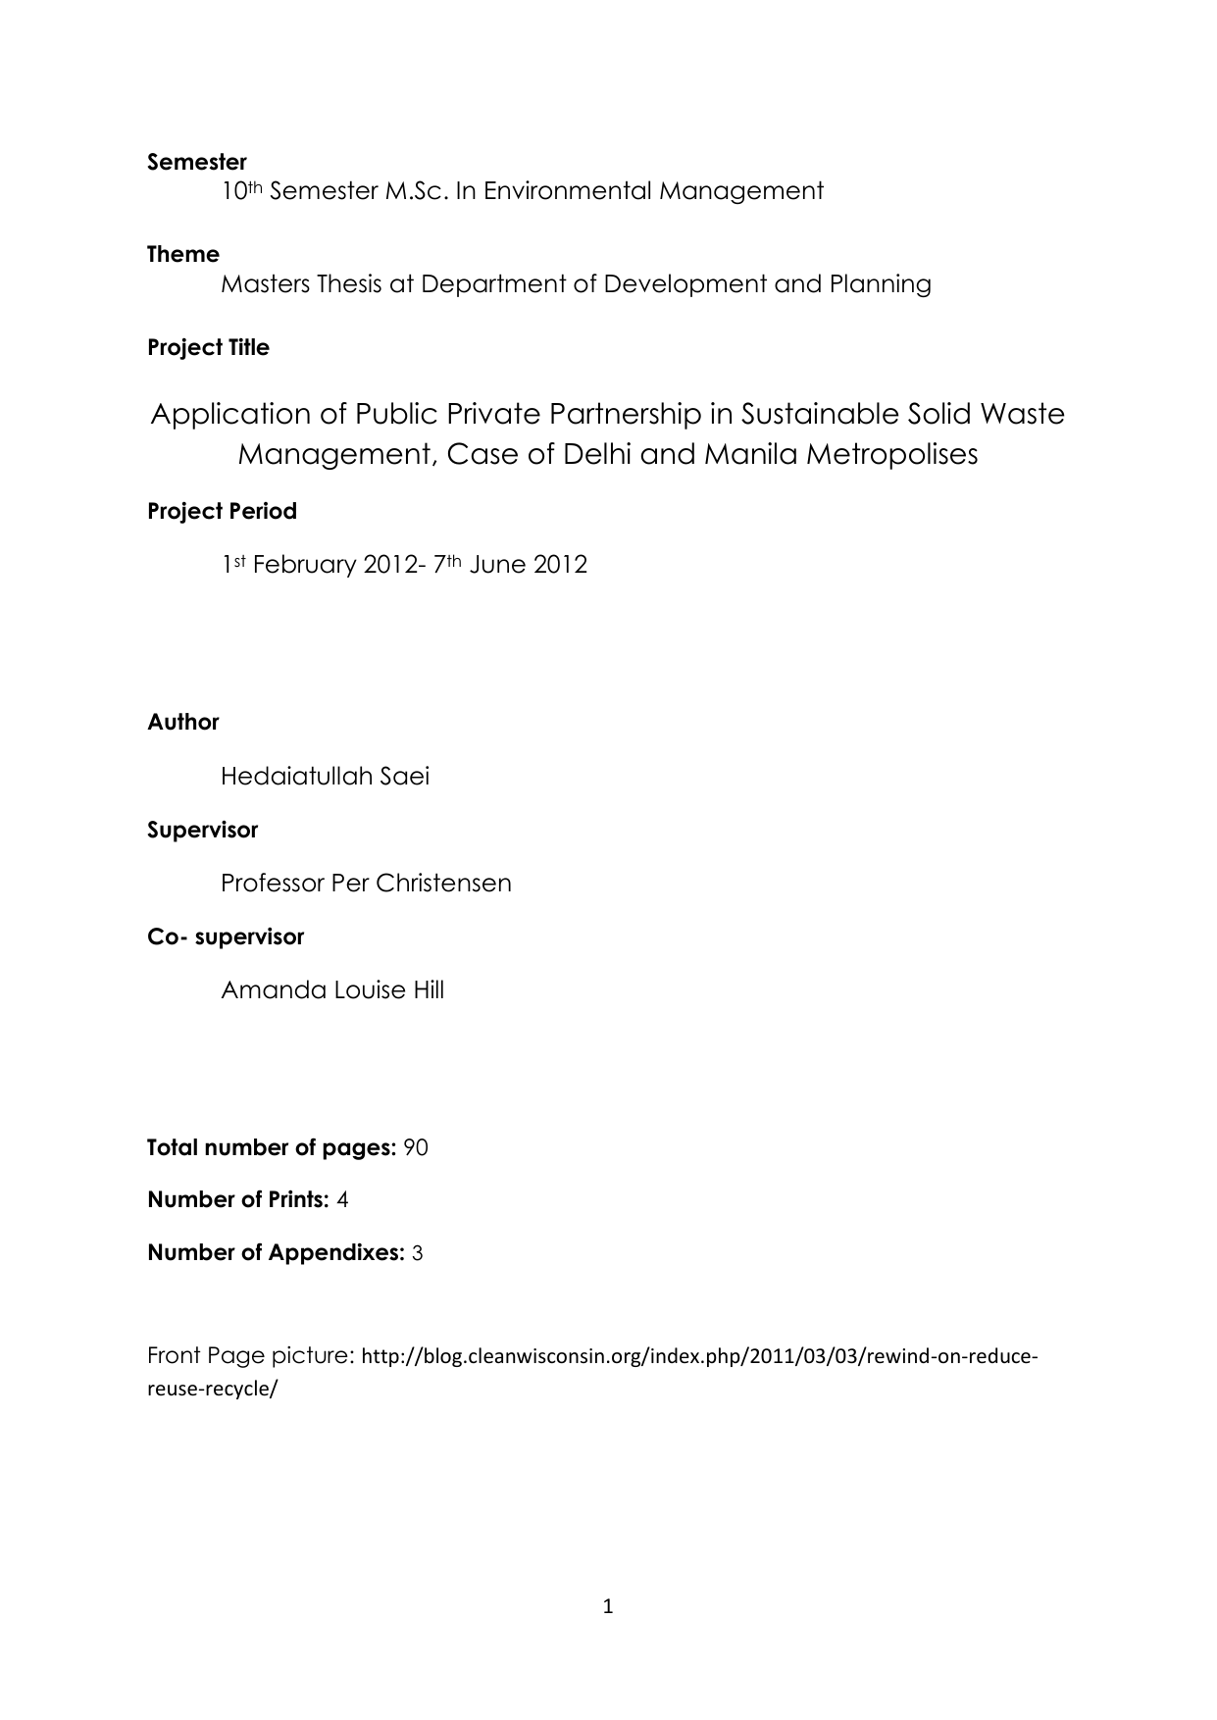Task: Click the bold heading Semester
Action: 197,162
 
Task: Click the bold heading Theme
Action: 183,255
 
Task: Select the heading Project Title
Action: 208,348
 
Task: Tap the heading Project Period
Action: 222,512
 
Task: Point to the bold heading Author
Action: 183,723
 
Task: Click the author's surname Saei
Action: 405,777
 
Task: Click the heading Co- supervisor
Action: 226,937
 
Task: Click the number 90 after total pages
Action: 416,1148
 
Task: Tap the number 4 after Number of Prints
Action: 342,1200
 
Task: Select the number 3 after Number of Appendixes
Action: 417,1253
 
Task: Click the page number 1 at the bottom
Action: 608,1606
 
